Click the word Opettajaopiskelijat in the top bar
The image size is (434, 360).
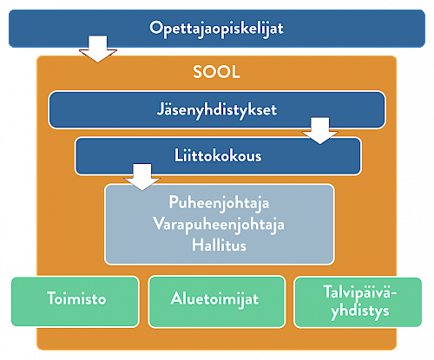pyautogui.click(x=216, y=29)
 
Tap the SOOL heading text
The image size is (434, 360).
pyautogui.click(x=216, y=72)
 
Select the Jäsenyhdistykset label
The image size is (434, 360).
pyautogui.click(x=217, y=110)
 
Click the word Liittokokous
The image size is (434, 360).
pyautogui.click(x=218, y=155)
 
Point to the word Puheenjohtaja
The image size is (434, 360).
pyautogui.click(x=219, y=203)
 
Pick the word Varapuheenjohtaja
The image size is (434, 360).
pyautogui.click(x=219, y=225)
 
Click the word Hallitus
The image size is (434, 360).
pyautogui.click(x=219, y=245)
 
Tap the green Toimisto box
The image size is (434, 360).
pyautogui.click(x=76, y=302)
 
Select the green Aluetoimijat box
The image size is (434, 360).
pyautogui.click(x=217, y=302)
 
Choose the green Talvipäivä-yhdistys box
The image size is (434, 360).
pyautogui.click(x=358, y=302)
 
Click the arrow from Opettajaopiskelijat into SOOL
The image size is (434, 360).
pyautogui.click(x=98, y=49)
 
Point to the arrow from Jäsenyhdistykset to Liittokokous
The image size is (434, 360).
pyautogui.click(x=319, y=131)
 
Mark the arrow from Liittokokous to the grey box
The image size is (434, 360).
pyautogui.click(x=142, y=177)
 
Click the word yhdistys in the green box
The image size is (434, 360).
pyautogui.click(x=360, y=311)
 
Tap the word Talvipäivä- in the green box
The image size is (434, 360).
pyautogui.click(x=359, y=292)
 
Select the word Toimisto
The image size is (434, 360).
pyautogui.click(x=76, y=298)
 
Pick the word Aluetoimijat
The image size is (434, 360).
pyautogui.click(x=214, y=298)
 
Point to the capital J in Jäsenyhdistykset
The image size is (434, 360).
pyautogui.click(x=161, y=109)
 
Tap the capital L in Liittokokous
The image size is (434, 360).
pyautogui.click(x=178, y=155)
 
